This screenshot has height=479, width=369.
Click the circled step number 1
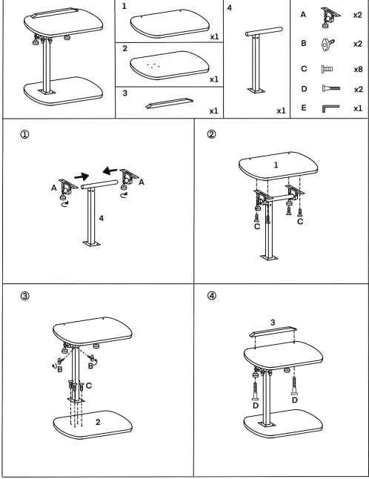tap(24, 134)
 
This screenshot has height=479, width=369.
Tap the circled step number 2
tap(211, 134)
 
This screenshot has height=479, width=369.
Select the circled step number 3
tap(24, 296)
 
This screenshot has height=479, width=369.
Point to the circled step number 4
tap(211, 296)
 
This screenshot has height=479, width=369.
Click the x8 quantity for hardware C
tap(358, 70)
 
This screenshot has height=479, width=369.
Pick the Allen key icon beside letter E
tap(330, 108)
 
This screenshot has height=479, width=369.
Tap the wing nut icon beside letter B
tap(328, 44)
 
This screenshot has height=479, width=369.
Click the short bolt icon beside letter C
tap(327, 69)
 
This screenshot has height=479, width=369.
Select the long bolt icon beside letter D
tap(331, 89)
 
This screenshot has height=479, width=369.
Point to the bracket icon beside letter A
tap(330, 17)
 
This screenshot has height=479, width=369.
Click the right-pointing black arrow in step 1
tap(82, 176)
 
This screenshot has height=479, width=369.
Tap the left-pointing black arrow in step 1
tap(110, 171)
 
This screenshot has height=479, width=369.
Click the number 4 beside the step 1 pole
tap(102, 218)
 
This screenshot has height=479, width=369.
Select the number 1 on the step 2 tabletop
tap(276, 165)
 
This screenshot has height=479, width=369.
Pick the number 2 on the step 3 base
tap(98, 422)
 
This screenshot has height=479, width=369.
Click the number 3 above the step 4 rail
tap(273, 323)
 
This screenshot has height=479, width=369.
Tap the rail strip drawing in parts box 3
tap(169, 103)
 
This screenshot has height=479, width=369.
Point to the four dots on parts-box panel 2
tap(153, 65)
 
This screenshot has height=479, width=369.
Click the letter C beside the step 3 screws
tap(89, 386)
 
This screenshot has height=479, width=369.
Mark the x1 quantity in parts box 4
tap(281, 111)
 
